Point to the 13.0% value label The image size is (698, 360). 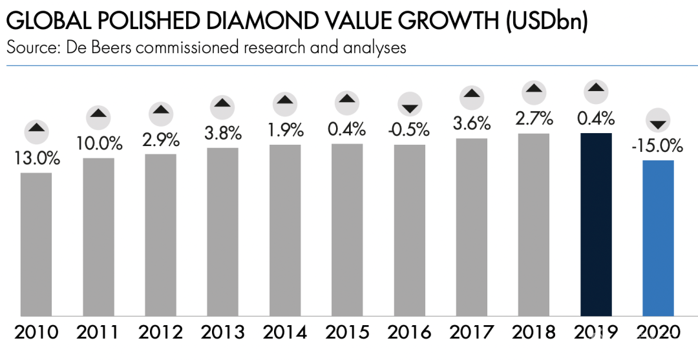(x=36, y=159)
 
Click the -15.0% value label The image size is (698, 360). (x=658, y=146)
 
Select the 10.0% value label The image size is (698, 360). (x=98, y=143)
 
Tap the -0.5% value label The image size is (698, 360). (x=409, y=129)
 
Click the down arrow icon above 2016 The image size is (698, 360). (x=409, y=105)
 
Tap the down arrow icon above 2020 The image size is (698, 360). (x=658, y=122)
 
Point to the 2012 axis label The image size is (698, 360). (x=160, y=333)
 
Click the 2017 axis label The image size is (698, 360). (x=472, y=333)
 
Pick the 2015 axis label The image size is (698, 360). (x=347, y=333)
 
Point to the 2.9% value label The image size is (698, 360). (x=160, y=139)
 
